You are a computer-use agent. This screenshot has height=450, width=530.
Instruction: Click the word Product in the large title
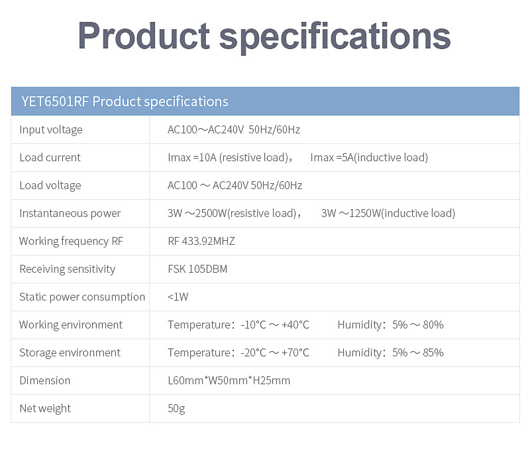click(144, 36)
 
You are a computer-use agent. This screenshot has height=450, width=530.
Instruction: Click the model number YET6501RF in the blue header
click(55, 102)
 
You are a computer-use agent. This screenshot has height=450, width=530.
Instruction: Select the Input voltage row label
click(51, 129)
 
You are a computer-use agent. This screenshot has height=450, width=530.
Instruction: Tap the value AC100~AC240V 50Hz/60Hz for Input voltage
click(234, 129)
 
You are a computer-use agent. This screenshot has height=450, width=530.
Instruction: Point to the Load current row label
click(50, 157)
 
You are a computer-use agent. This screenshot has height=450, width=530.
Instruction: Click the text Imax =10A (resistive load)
click(228, 157)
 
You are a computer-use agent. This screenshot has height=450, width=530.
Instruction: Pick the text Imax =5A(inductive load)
click(369, 157)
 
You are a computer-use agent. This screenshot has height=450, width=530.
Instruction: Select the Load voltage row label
click(50, 186)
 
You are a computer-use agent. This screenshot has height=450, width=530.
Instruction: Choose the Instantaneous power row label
click(70, 213)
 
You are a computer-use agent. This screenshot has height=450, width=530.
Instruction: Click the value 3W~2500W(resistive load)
click(232, 213)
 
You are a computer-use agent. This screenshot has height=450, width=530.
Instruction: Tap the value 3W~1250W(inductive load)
click(388, 213)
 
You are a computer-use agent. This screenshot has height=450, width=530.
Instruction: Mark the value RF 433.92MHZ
click(201, 241)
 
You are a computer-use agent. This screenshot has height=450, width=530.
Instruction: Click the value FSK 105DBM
click(197, 269)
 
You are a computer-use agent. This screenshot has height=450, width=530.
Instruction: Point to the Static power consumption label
click(82, 297)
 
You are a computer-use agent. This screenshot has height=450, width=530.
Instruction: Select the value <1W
click(178, 297)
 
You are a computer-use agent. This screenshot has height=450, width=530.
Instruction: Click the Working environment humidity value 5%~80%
click(418, 325)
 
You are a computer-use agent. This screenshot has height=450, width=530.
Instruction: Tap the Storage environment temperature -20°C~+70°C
click(275, 352)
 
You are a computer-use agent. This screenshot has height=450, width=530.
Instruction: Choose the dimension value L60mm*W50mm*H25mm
click(229, 380)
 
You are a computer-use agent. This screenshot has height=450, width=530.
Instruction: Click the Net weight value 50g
click(176, 409)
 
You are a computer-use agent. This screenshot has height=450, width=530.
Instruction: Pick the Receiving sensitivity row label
click(68, 269)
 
